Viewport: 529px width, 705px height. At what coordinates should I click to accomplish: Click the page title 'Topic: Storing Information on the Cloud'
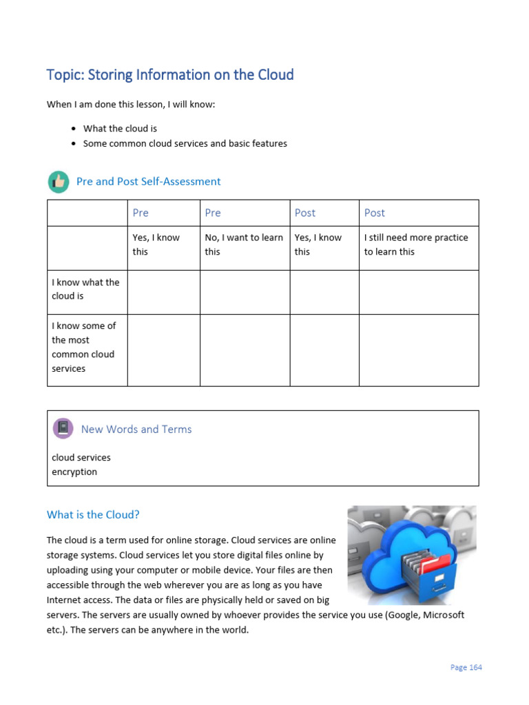169,74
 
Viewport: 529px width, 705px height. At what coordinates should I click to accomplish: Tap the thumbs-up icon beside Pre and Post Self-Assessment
59,182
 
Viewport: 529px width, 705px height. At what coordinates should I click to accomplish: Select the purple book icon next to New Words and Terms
63,428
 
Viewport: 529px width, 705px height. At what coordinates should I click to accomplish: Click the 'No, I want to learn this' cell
244,244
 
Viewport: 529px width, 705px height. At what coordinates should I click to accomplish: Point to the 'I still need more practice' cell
416,244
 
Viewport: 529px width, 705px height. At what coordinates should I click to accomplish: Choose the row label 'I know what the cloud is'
86,289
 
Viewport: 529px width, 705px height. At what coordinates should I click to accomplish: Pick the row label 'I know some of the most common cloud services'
84,347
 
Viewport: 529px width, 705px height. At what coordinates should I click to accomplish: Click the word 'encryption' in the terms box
74,472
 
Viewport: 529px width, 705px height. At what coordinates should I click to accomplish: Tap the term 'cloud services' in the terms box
81,457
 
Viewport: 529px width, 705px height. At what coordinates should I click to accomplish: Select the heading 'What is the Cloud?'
93,514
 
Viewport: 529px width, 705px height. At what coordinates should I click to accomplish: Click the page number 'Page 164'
466,667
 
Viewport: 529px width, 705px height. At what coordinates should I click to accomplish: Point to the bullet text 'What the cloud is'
120,129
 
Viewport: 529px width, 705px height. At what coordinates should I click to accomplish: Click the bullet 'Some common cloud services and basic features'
185,144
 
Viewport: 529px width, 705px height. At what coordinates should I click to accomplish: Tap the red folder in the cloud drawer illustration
433,567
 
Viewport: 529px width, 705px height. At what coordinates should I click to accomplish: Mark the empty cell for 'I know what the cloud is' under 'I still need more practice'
418,292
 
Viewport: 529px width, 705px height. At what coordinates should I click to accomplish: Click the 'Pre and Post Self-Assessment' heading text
148,182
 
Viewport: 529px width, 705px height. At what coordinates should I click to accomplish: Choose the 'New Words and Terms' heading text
136,429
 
